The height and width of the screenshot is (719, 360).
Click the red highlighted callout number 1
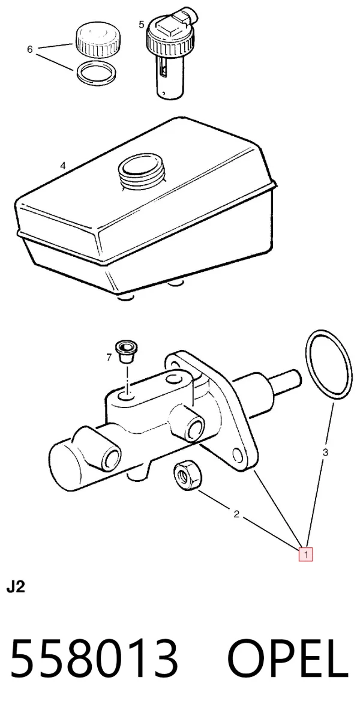[x=305, y=555]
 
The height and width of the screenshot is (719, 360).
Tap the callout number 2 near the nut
[x=236, y=514]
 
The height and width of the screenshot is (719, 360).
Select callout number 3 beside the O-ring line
[x=325, y=453]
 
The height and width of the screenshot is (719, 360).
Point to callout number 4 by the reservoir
[x=63, y=166]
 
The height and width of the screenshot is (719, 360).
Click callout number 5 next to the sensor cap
[x=141, y=24]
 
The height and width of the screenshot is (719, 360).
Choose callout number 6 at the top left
[x=30, y=49]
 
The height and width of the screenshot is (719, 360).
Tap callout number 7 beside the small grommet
[x=109, y=357]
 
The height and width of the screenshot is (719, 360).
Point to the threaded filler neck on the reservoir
[x=141, y=170]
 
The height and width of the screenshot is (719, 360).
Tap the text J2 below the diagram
[x=15, y=588]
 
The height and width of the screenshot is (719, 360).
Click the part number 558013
[x=94, y=658]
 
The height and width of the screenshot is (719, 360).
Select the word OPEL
[x=288, y=658]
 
